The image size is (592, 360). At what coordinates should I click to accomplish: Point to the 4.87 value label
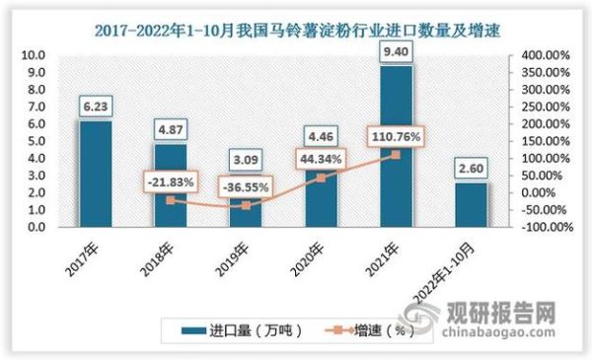coord(169,129)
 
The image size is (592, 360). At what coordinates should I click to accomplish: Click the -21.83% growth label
coord(169,181)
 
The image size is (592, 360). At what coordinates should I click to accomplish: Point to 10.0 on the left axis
coord(33,56)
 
